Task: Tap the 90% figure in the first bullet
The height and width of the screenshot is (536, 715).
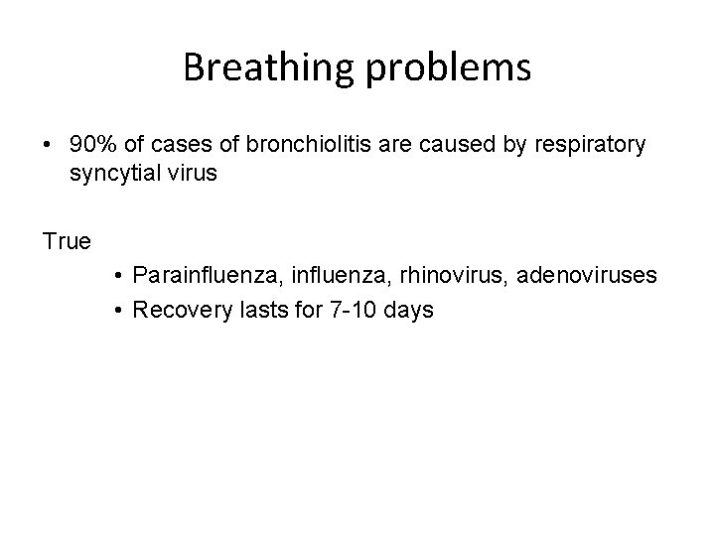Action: click(x=91, y=144)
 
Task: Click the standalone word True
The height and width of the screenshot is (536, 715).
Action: click(x=68, y=241)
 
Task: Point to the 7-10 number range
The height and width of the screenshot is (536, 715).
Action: click(x=340, y=310)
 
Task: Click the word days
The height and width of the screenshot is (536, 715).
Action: click(x=405, y=310)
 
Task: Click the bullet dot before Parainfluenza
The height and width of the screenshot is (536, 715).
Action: click(x=118, y=275)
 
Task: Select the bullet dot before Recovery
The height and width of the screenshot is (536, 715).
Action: click(x=118, y=311)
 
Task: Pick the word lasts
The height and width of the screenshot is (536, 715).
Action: click(x=247, y=310)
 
